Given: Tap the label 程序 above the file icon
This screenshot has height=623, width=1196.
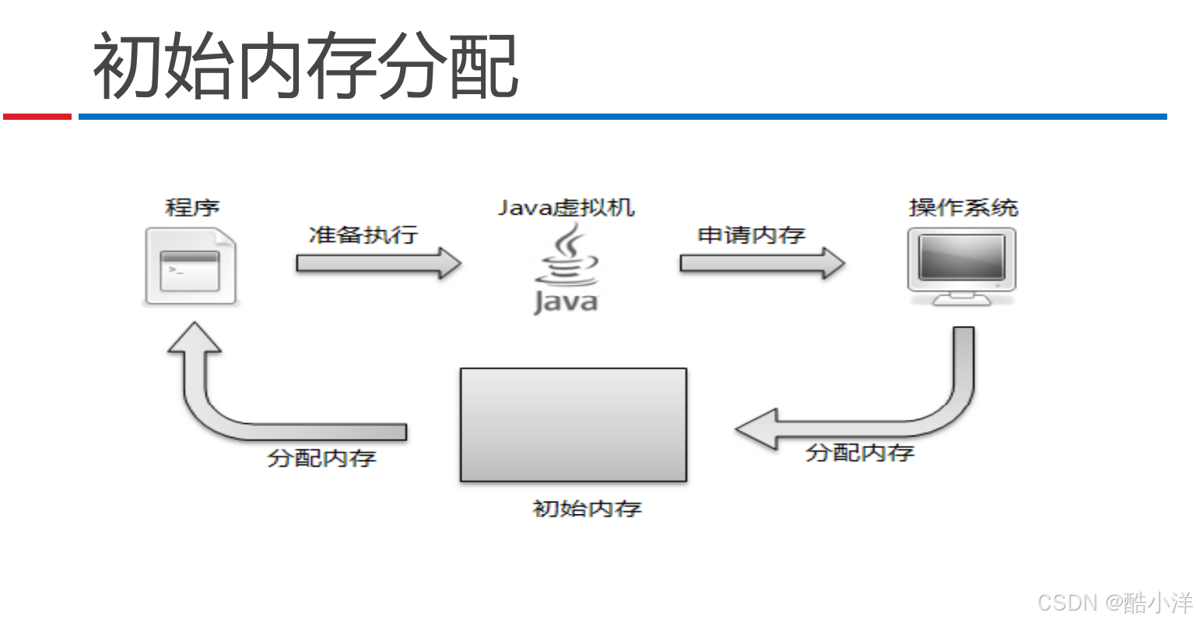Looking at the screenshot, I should [192, 208].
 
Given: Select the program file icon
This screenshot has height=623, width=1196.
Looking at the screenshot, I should [191, 266].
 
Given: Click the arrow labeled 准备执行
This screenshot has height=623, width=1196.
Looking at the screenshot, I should [378, 263].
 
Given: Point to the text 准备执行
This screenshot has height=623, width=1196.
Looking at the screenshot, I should [363, 234].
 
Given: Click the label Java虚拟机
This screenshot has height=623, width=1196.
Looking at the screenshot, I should [566, 208].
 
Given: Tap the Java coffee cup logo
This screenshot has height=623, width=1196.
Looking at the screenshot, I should [566, 268].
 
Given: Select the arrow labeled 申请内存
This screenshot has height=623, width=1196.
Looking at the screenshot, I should [762, 263].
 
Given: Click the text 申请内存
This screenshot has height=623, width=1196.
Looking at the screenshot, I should [751, 234].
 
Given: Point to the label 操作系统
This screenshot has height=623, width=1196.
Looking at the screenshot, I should [963, 208].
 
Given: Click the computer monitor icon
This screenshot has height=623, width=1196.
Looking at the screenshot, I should [962, 264].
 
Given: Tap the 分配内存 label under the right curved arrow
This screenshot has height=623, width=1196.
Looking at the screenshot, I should [859, 453].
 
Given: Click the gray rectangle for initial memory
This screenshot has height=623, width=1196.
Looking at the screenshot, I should [573, 425].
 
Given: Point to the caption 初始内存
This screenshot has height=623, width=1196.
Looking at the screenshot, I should [587, 509].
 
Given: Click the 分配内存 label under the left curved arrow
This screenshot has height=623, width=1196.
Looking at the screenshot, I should [321, 457].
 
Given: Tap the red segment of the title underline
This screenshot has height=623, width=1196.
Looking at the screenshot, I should [37, 117].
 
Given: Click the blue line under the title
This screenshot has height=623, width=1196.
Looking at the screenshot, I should [623, 117].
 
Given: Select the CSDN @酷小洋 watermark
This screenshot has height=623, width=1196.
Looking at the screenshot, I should [1114, 602].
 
